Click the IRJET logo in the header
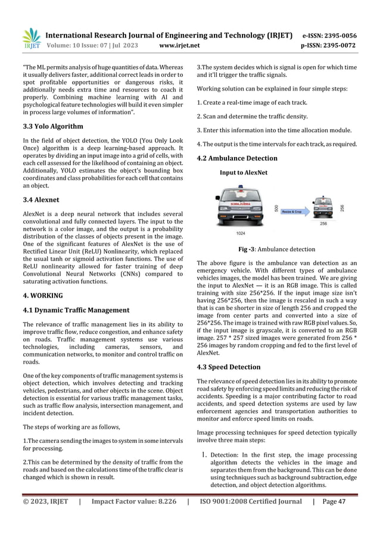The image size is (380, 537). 30,38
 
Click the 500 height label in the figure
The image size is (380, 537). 276,208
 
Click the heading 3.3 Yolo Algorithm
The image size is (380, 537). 53,126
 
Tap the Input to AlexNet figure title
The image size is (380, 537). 244,173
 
